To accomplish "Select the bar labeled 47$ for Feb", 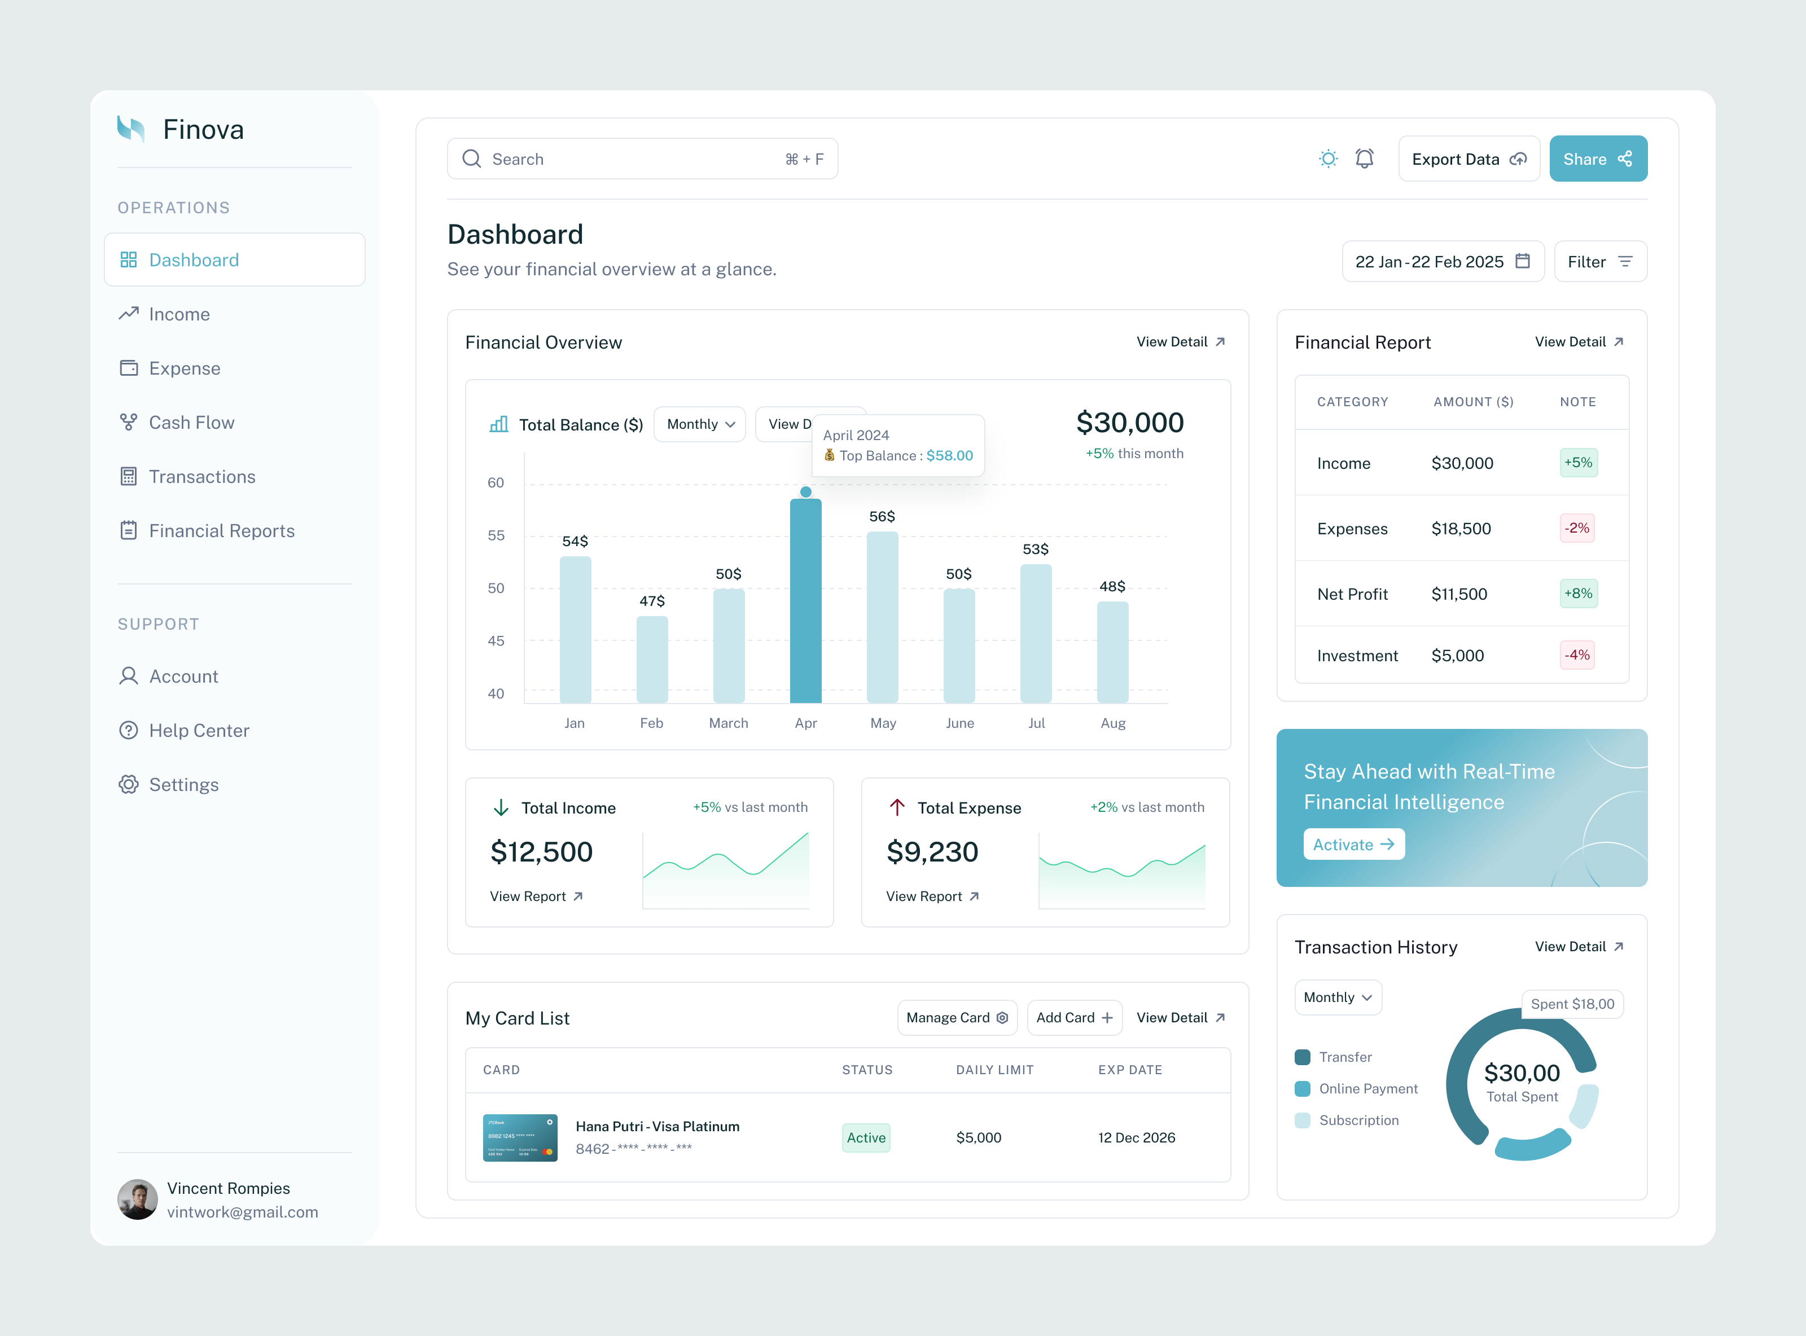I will pyautogui.click(x=652, y=659).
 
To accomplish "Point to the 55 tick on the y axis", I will pyautogui.click(x=496, y=535).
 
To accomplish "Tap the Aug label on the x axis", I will pyautogui.click(x=1113, y=723).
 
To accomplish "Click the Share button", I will pyautogui.click(x=1597, y=159).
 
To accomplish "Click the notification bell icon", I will pyautogui.click(x=1365, y=159).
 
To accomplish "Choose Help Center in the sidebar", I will pyautogui.click(x=199, y=730).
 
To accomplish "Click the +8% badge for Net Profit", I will pyautogui.click(x=1578, y=594).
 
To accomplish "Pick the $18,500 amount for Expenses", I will pyautogui.click(x=1461, y=529).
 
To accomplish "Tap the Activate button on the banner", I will pyautogui.click(x=1353, y=844).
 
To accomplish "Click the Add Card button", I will pyautogui.click(x=1074, y=1017).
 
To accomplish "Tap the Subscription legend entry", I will pyautogui.click(x=1358, y=1120).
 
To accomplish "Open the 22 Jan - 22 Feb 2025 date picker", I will pyautogui.click(x=1442, y=262).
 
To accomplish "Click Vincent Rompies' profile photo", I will pyautogui.click(x=138, y=1199).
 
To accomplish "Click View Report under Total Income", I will pyautogui.click(x=536, y=896).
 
